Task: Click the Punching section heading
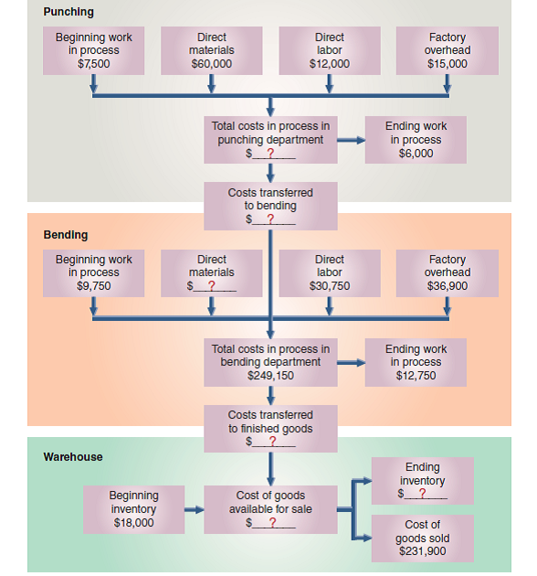[68, 12]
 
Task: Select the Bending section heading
[66, 235]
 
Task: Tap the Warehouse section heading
[73, 456]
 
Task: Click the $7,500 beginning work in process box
[94, 51]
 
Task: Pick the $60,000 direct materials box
[212, 51]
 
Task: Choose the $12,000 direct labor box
[329, 51]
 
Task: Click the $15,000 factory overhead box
[447, 51]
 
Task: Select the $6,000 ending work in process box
[416, 140]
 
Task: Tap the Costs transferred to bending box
[270, 206]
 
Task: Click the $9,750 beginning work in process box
[94, 273]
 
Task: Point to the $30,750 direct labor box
[329, 273]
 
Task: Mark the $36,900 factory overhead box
[447, 273]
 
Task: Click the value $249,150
[270, 375]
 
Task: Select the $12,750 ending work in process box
[416, 362]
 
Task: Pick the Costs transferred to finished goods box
[270, 428]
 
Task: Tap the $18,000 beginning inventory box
[133, 509]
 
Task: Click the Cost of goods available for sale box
[270, 509]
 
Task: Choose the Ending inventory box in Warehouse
[423, 481]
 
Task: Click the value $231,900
[423, 550]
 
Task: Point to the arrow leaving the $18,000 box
[194, 509]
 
